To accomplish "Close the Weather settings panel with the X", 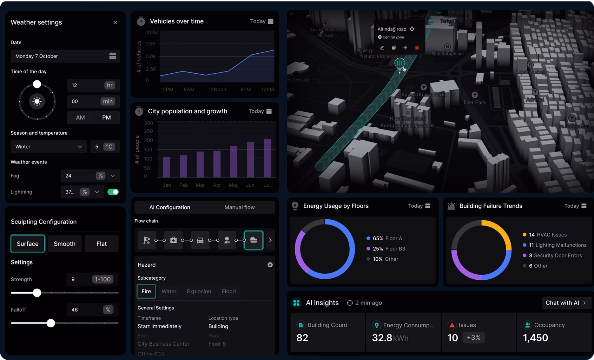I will click(x=115, y=22).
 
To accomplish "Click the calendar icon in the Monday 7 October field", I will click(x=113, y=56).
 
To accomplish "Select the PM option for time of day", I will click(x=106, y=118).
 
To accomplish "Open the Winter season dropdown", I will click(x=48, y=147).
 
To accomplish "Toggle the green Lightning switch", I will click(x=113, y=192).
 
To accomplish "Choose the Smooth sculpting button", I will click(x=65, y=244).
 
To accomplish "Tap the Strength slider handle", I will click(x=37, y=293).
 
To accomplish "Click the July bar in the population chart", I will click(x=267, y=158).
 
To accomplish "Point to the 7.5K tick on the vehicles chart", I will click(x=150, y=44).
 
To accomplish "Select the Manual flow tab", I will click(x=239, y=207).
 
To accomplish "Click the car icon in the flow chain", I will click(x=200, y=240).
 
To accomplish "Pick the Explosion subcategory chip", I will click(x=199, y=292).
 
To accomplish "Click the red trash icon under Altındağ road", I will click(x=417, y=48).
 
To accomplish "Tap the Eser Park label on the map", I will click(x=475, y=102).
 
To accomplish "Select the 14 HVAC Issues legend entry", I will click(x=547, y=235).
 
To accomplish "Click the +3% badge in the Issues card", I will click(x=473, y=338).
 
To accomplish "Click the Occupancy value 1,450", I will click(x=535, y=338).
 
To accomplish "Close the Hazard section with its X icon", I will click(x=270, y=265).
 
